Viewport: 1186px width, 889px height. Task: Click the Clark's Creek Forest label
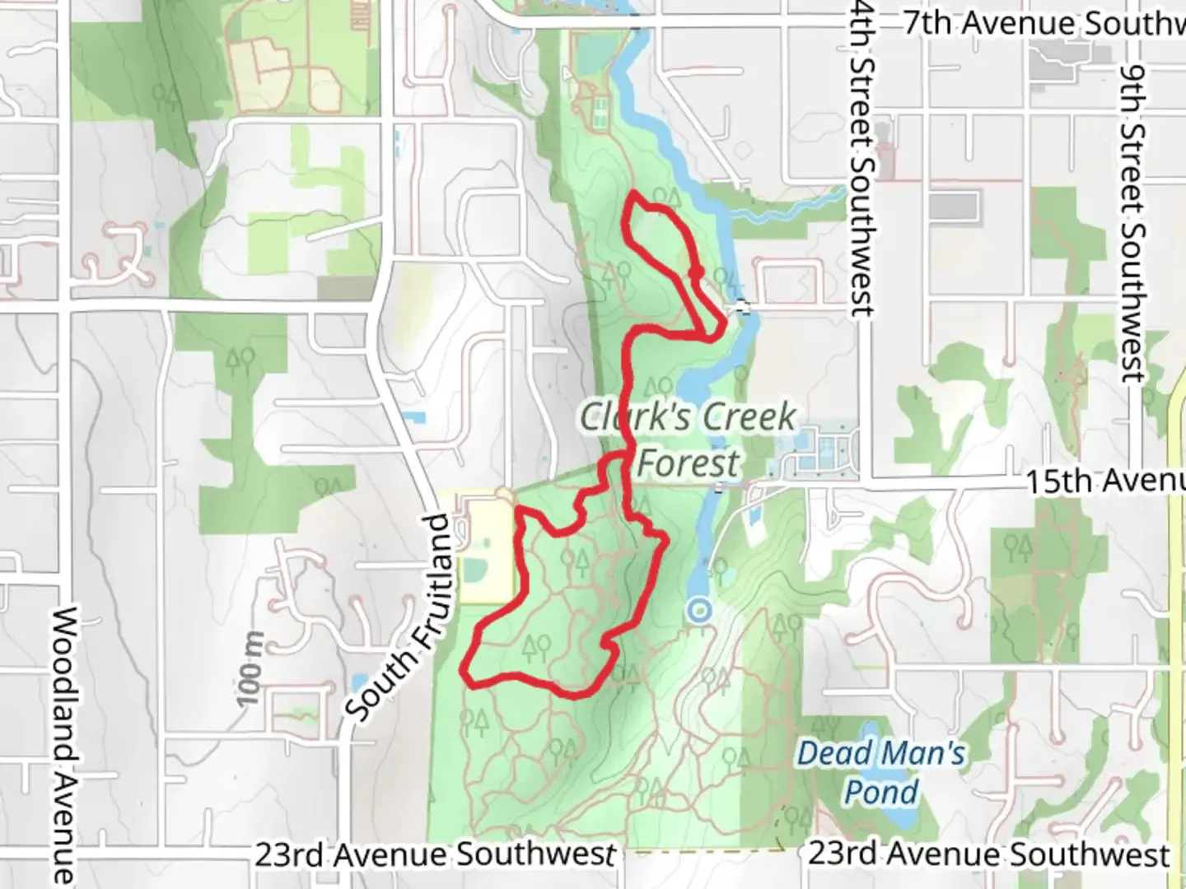click(689, 440)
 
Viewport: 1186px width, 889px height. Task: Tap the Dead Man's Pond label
click(881, 772)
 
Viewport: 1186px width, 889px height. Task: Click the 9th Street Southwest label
click(1133, 222)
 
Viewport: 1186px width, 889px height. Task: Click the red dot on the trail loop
click(696, 272)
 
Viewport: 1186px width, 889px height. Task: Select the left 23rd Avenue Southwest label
click(435, 854)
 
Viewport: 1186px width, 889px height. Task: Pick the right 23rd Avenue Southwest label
click(988, 854)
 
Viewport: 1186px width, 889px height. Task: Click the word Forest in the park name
click(689, 463)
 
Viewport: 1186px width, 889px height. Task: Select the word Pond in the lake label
click(881, 792)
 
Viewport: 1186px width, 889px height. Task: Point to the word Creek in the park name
click(740, 417)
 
